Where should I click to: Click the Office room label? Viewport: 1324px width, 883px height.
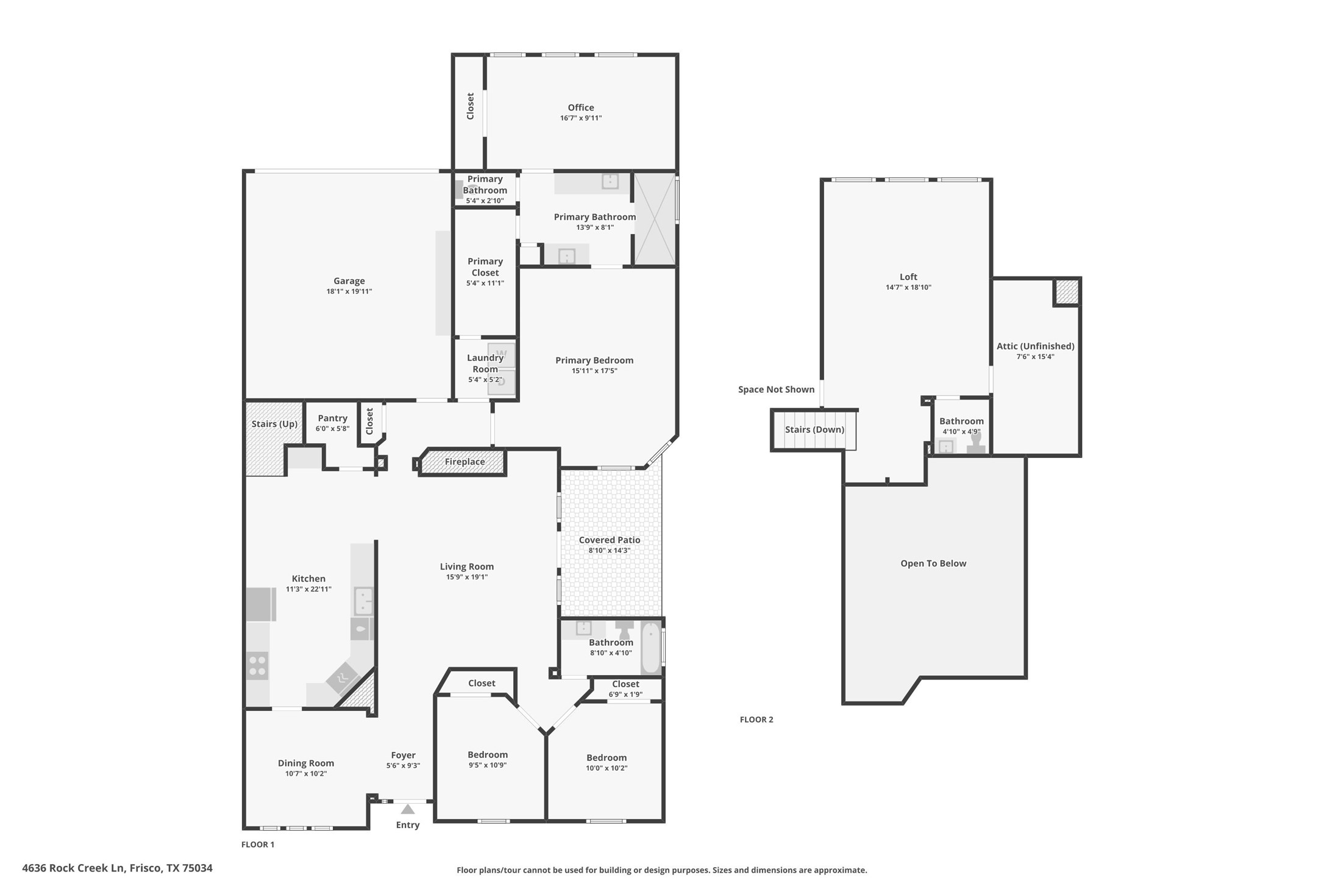[x=580, y=107]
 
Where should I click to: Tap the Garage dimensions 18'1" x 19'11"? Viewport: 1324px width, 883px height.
[x=349, y=291]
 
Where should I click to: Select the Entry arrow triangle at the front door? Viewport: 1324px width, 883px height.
[x=408, y=809]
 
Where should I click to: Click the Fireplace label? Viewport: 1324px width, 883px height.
[x=464, y=462]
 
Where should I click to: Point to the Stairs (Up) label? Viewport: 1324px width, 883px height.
[x=274, y=424]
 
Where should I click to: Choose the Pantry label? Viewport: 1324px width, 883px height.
[x=332, y=418]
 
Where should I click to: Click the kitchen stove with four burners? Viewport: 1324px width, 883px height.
[x=257, y=665]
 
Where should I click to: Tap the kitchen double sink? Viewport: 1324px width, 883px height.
[x=363, y=601]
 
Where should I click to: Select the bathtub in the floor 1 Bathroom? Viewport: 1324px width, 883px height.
[x=651, y=648]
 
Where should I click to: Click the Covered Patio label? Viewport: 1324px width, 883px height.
[x=609, y=540]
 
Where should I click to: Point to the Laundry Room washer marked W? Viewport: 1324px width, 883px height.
[x=502, y=354]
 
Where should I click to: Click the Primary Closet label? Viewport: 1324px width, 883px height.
[x=485, y=267]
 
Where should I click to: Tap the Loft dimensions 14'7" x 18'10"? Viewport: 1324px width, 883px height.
[x=908, y=287]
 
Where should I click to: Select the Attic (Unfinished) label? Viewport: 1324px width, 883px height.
[x=1035, y=346]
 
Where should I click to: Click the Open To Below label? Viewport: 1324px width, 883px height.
[x=933, y=563]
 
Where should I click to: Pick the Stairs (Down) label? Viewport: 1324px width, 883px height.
[x=814, y=429]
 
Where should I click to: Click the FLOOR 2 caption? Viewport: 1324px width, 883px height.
[x=756, y=720]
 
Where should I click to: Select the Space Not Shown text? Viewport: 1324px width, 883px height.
[x=776, y=389]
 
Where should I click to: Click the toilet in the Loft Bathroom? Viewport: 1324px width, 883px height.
[x=975, y=444]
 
